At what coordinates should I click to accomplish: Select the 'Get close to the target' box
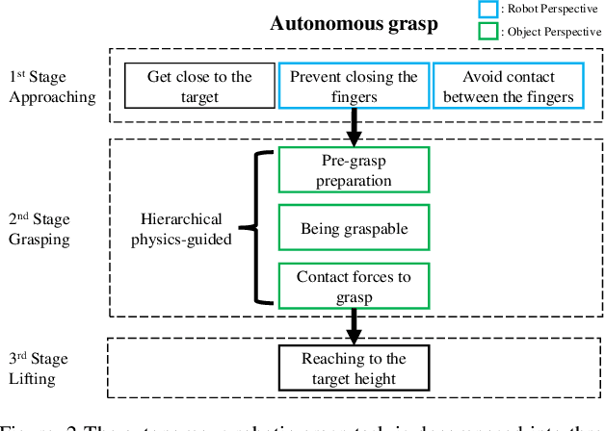(x=199, y=87)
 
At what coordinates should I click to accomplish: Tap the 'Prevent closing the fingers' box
(x=354, y=87)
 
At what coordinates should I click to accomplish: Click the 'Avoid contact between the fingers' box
(x=508, y=87)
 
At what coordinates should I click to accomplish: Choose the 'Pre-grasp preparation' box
(x=354, y=170)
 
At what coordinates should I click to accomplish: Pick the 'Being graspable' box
(x=354, y=229)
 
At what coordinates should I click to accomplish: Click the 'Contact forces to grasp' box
(x=354, y=287)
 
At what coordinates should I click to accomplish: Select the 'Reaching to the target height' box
(x=354, y=368)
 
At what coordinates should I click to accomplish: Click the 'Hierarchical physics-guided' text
(x=181, y=229)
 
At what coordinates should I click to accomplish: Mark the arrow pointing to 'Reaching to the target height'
(x=354, y=329)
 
